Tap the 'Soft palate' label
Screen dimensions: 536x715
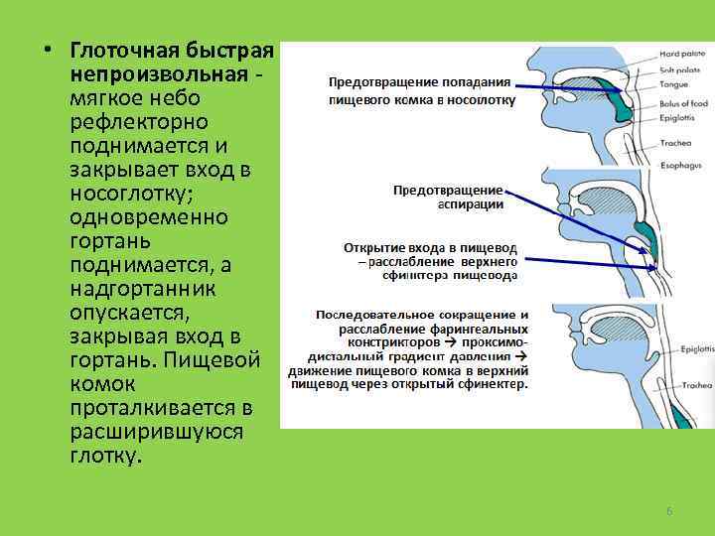(680, 70)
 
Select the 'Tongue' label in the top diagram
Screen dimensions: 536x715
(674, 84)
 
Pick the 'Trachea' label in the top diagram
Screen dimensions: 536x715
(675, 142)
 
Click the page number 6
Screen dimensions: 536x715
(668, 510)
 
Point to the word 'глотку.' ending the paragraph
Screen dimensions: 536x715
(106, 457)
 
